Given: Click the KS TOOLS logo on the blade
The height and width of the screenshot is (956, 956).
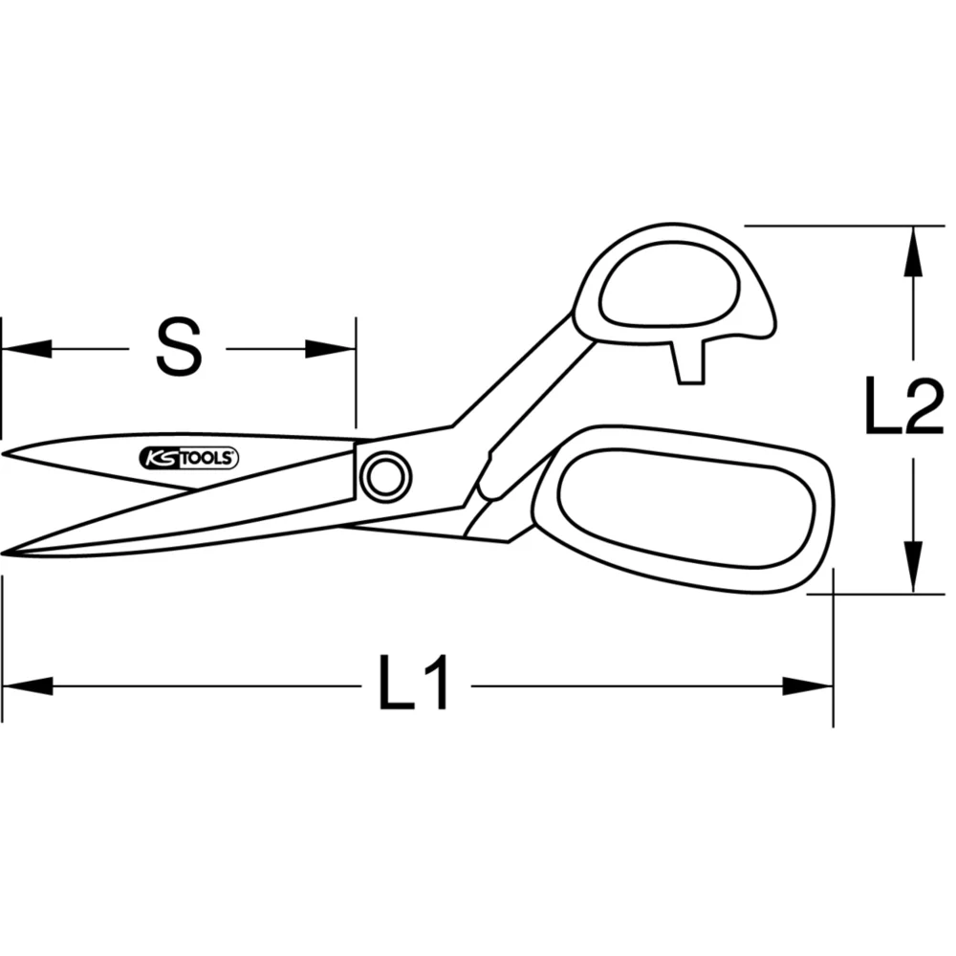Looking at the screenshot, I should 190,459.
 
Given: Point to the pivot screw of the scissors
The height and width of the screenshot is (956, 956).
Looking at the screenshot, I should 385,475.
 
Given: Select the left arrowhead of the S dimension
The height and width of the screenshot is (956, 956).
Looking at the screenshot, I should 25,349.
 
